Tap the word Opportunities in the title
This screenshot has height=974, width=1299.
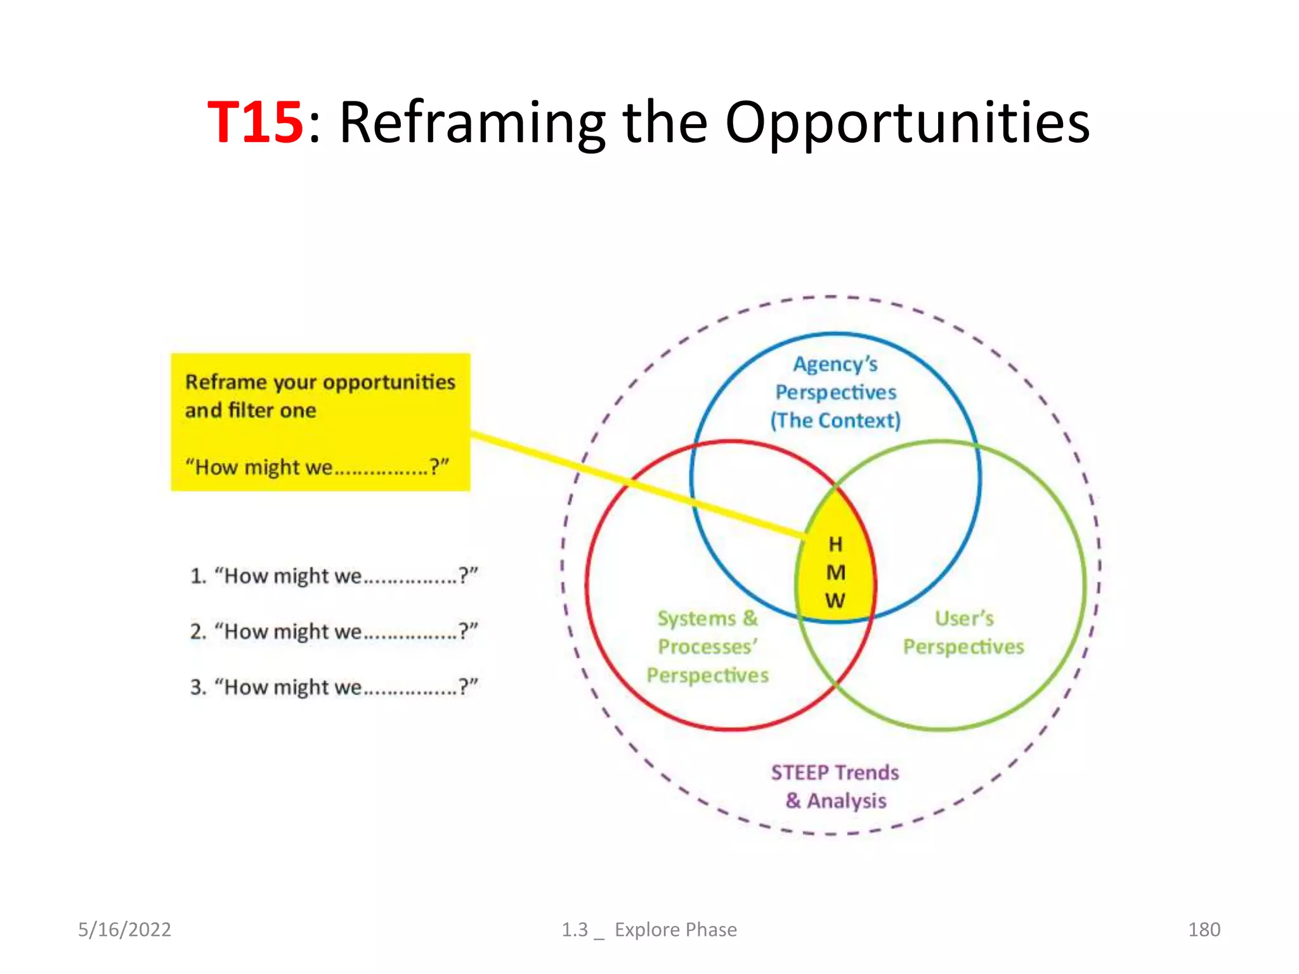(x=907, y=123)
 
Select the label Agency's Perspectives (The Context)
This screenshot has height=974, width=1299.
(x=835, y=393)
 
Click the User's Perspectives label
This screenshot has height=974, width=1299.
(x=963, y=633)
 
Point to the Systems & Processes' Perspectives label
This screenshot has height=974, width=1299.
(x=708, y=647)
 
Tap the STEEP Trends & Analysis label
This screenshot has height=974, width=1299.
(x=835, y=787)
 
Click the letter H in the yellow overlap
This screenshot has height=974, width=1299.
(x=835, y=544)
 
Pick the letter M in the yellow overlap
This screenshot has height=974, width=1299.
(x=835, y=573)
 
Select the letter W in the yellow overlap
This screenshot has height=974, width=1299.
(x=835, y=601)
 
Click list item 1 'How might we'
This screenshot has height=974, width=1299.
(x=334, y=576)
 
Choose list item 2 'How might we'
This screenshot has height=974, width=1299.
(x=334, y=632)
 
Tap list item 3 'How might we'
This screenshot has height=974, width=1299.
(x=334, y=687)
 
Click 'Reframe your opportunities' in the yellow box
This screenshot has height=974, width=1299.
(x=320, y=382)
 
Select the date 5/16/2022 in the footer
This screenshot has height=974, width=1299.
(x=124, y=930)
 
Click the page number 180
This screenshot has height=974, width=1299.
(x=1204, y=930)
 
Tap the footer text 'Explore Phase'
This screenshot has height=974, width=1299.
(x=676, y=930)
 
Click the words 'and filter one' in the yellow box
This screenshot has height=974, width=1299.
(x=251, y=411)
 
